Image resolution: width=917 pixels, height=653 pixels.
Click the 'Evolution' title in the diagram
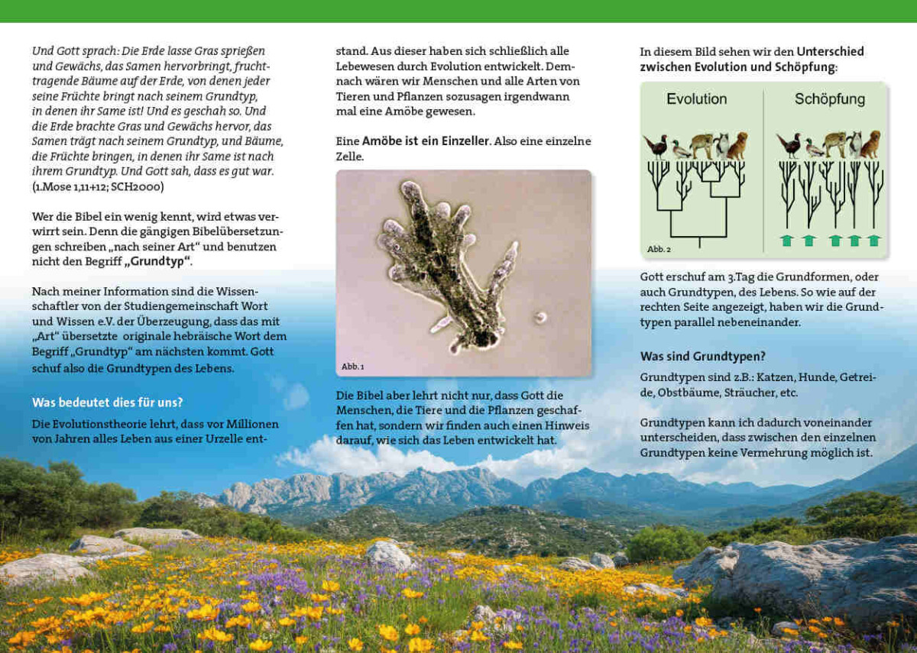696,99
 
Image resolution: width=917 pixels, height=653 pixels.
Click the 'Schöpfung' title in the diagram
829,99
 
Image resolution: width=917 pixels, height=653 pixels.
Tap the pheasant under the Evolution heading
655,146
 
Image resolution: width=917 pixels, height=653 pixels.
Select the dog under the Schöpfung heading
870,145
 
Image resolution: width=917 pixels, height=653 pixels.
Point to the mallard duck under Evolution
680,150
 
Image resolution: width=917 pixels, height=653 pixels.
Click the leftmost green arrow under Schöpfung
787,241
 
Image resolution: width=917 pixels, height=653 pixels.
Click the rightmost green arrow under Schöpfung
873,241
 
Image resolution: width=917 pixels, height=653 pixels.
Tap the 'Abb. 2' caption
659,249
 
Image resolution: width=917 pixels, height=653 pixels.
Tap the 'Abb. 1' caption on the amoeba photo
352,367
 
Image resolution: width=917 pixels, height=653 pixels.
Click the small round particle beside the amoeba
540,317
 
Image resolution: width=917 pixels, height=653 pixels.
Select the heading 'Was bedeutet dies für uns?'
107,402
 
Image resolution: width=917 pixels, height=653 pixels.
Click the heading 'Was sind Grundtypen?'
702,357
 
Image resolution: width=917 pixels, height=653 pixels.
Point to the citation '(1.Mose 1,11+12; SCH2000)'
98,186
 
